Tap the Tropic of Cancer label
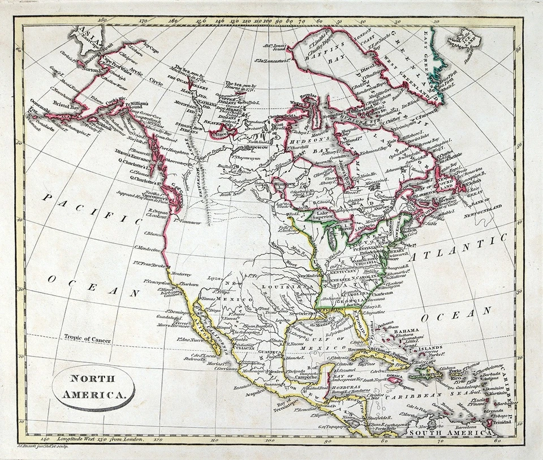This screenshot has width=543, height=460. tap(87, 338)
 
